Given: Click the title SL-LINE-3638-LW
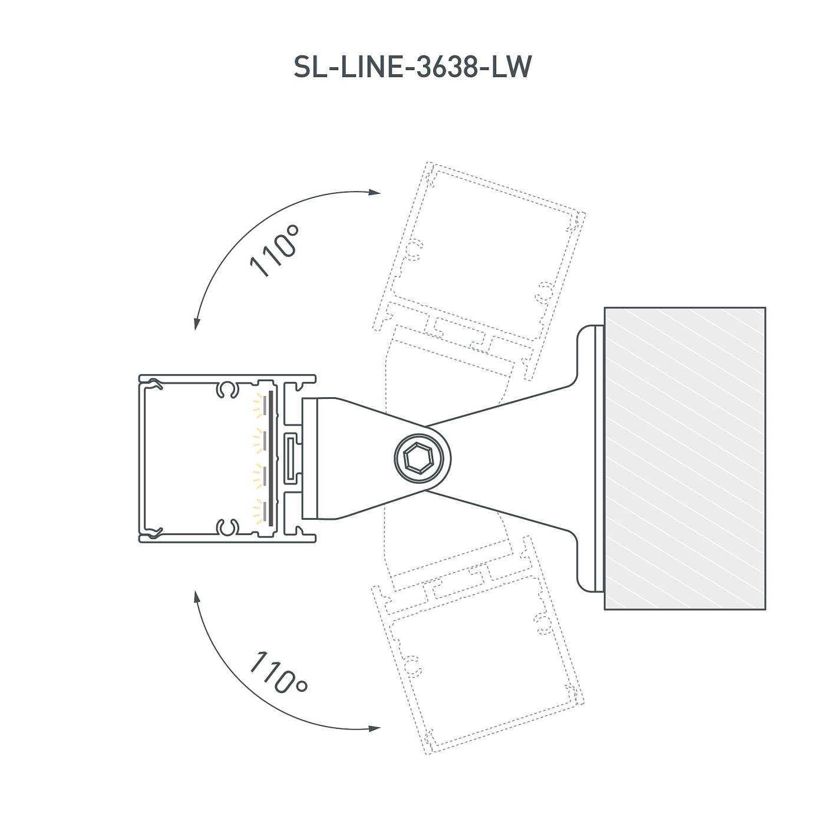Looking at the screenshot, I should click(412, 67).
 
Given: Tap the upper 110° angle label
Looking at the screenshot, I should click(275, 250).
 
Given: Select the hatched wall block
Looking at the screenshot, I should click(685, 458).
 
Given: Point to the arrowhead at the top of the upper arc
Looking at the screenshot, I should click(375, 192).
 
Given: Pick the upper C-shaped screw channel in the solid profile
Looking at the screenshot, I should click(227, 389).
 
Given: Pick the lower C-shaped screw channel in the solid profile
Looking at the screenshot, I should click(227, 527).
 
